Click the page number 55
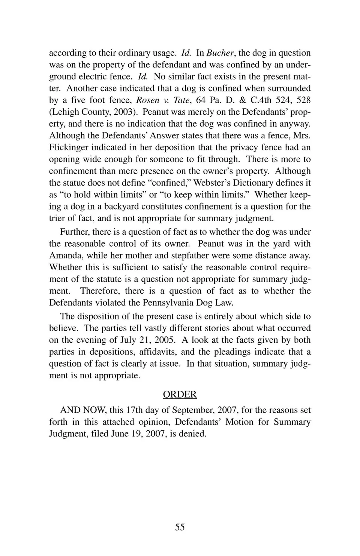click(x=180, y=527)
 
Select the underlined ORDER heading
click(x=180, y=394)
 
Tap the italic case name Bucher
click(x=220, y=53)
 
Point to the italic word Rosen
click(x=147, y=100)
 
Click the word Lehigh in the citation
click(x=68, y=112)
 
